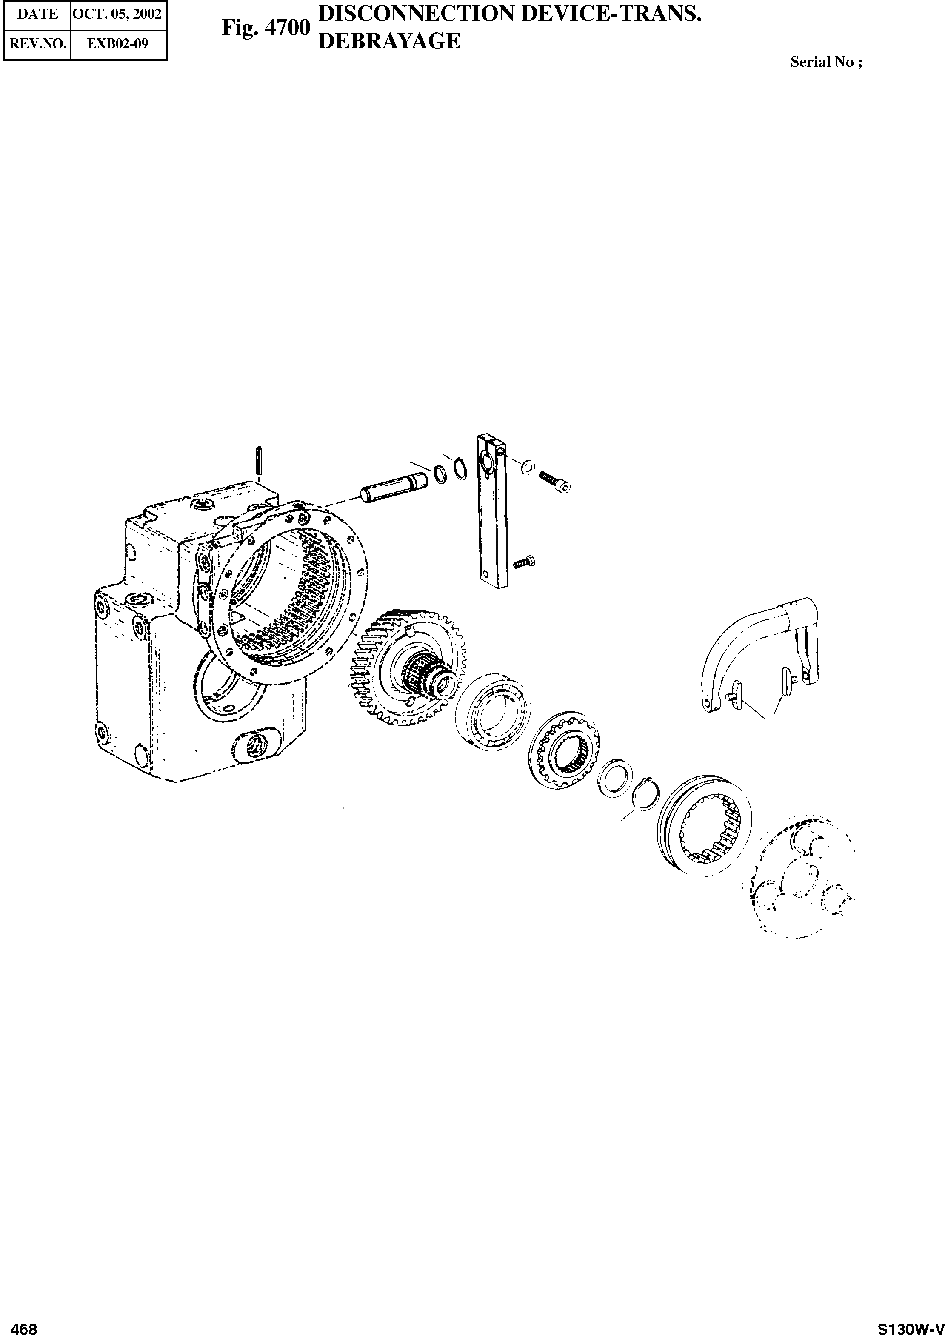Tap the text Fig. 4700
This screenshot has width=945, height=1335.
tap(266, 28)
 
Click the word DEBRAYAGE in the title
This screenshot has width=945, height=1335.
tap(390, 41)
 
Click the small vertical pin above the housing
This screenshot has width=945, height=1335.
tap(259, 460)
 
